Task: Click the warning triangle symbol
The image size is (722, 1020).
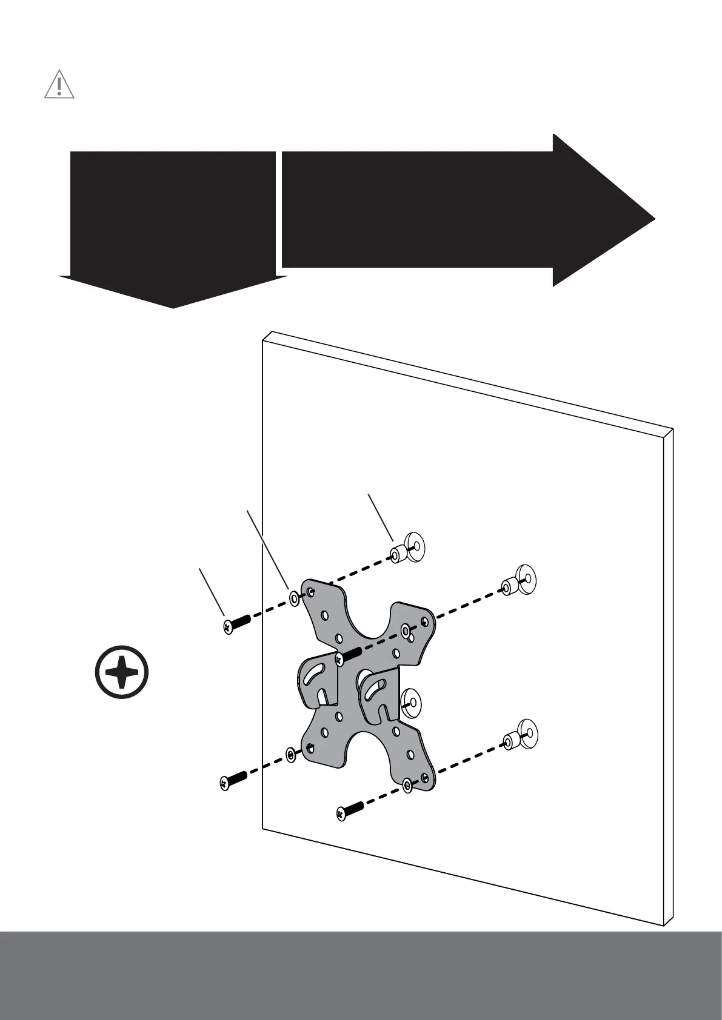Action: [59, 85]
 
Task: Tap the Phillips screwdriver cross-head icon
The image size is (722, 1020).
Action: [122, 673]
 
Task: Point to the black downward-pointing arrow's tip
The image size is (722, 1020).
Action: [173, 306]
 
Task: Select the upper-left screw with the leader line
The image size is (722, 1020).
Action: [234, 624]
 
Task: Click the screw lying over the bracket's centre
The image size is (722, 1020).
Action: [349, 654]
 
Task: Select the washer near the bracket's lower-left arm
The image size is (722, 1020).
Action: [292, 755]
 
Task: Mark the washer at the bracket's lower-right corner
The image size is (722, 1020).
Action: [408, 786]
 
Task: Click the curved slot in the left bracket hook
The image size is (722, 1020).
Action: [316, 675]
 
